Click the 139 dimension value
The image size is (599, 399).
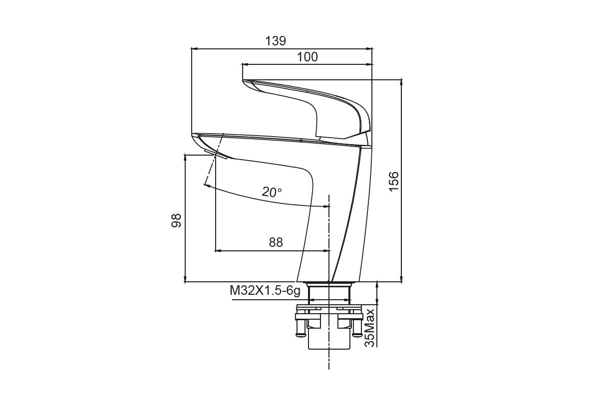[x=276, y=41]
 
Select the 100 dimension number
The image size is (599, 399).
[x=307, y=57]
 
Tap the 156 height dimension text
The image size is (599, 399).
[x=394, y=182]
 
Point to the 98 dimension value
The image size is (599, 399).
[x=176, y=220]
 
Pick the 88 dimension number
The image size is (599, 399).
[x=276, y=242]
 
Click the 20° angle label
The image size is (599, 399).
[x=272, y=192]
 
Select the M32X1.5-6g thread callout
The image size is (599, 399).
[x=265, y=291]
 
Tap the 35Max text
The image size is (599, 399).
[x=370, y=328]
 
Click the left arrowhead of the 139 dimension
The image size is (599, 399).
[x=194, y=49]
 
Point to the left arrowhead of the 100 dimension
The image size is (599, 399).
[x=245, y=64]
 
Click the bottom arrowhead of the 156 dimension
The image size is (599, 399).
[x=401, y=278]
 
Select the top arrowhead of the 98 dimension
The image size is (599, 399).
[x=185, y=158]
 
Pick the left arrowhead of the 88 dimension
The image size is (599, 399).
[x=218, y=251]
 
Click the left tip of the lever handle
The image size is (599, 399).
[x=243, y=80]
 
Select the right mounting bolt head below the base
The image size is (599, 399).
[x=356, y=334]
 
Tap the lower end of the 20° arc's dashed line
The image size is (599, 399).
[x=204, y=185]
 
